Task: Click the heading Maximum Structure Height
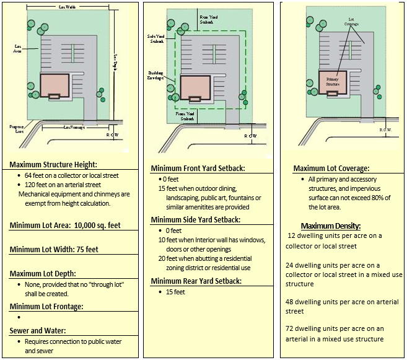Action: [x=53, y=165]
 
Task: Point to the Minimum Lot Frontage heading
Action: [x=46, y=306]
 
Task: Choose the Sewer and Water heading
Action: [x=38, y=330]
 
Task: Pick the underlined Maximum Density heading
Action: [x=331, y=226]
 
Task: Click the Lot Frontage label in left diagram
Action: [x=75, y=128]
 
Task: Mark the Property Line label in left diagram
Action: [x=17, y=128]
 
